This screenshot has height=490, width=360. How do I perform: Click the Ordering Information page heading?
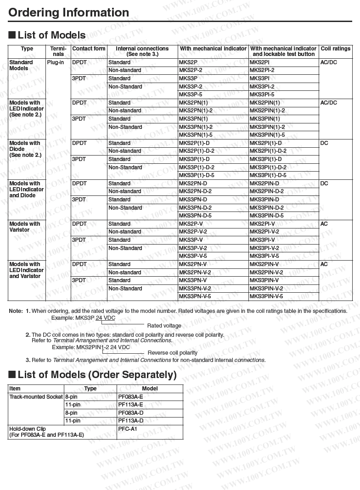click(x=69, y=12)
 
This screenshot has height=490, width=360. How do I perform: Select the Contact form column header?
click(x=89, y=49)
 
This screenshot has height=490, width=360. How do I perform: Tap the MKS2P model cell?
click(x=188, y=62)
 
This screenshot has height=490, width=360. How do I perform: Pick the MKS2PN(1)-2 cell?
click(x=196, y=111)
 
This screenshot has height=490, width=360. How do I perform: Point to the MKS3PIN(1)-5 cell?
click(x=267, y=135)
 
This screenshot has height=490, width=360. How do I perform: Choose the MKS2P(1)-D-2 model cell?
click(x=197, y=151)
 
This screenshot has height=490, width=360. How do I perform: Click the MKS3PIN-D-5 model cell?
click(x=266, y=216)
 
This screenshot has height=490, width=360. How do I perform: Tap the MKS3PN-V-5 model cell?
click(x=195, y=296)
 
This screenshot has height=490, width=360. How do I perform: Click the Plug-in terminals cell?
click(x=55, y=62)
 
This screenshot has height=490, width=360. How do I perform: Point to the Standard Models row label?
click(x=21, y=65)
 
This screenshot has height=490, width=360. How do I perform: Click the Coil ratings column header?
click(x=335, y=49)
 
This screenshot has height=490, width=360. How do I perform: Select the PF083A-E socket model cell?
click(x=130, y=397)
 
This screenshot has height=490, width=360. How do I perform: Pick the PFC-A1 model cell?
click(x=128, y=429)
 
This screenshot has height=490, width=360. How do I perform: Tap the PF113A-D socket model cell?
click(x=130, y=421)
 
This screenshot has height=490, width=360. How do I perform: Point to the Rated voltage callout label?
click(x=164, y=326)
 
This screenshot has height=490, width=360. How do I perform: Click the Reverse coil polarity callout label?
click(x=172, y=353)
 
